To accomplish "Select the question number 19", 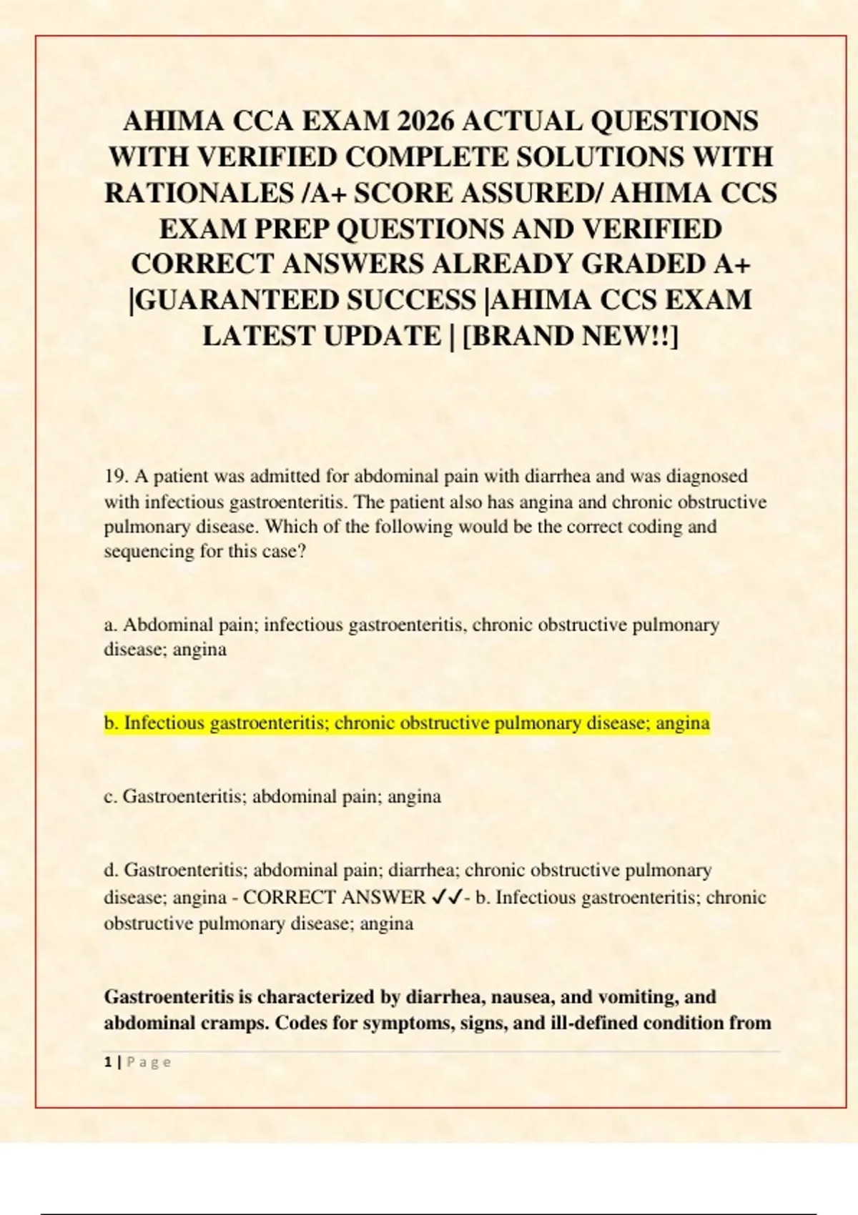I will (116, 476).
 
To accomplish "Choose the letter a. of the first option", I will (111, 625).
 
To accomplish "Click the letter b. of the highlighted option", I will (112, 723).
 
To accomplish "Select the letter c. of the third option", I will (111, 796).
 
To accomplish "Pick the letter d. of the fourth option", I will (112, 871).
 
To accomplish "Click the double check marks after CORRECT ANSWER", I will (447, 897).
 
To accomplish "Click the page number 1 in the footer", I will (107, 1063).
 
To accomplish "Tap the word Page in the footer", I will (149, 1063).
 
